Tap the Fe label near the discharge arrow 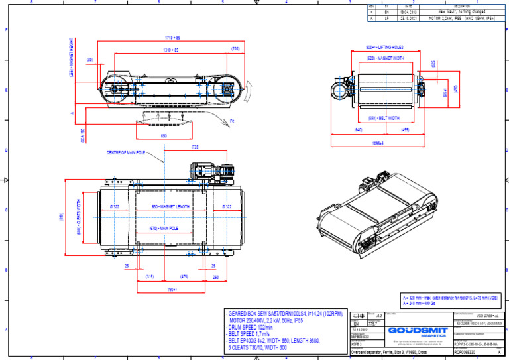[x=232, y=121]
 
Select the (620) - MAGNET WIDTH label [x=385, y=58]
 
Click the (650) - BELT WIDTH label [x=384, y=118]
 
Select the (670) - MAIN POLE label [x=163, y=229]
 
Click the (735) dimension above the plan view [x=196, y=147]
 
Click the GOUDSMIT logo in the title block [x=414, y=330]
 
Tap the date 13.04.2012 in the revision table [x=408, y=12]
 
